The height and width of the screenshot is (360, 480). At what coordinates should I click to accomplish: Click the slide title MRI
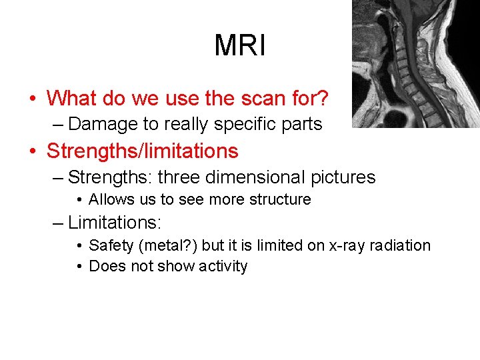coord(240,46)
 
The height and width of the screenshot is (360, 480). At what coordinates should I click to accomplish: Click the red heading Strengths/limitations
coord(142,151)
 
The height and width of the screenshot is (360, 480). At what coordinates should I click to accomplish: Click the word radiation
coord(401,245)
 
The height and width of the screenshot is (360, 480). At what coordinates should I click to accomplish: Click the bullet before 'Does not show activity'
coord(79,267)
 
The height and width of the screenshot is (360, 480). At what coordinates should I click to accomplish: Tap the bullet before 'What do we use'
coord(33,99)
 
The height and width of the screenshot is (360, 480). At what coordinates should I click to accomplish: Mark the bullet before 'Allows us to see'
coord(79,200)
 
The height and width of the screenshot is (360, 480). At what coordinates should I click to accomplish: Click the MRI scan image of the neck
coord(415,63)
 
